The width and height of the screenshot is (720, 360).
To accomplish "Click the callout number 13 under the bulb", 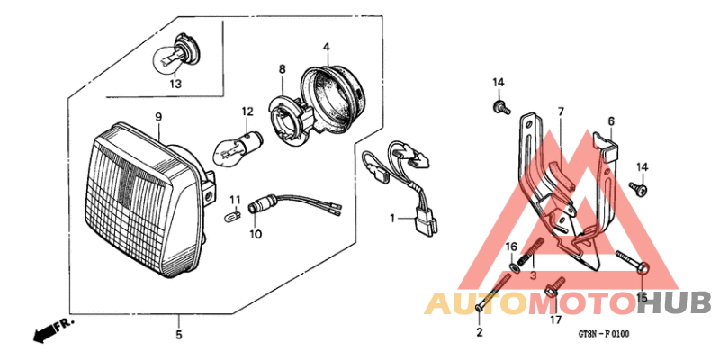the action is coord(175,84).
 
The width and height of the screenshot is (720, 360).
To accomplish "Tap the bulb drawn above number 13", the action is coord(175,53).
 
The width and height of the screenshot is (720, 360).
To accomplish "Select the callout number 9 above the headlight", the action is coord(158,117).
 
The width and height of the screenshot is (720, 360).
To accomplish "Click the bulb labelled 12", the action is coord(238,148).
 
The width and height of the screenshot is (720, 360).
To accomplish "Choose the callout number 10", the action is coord(256,234).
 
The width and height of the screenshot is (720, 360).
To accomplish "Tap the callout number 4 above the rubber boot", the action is coord(327,47).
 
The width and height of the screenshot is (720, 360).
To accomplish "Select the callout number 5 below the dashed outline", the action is coord(178,335).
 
